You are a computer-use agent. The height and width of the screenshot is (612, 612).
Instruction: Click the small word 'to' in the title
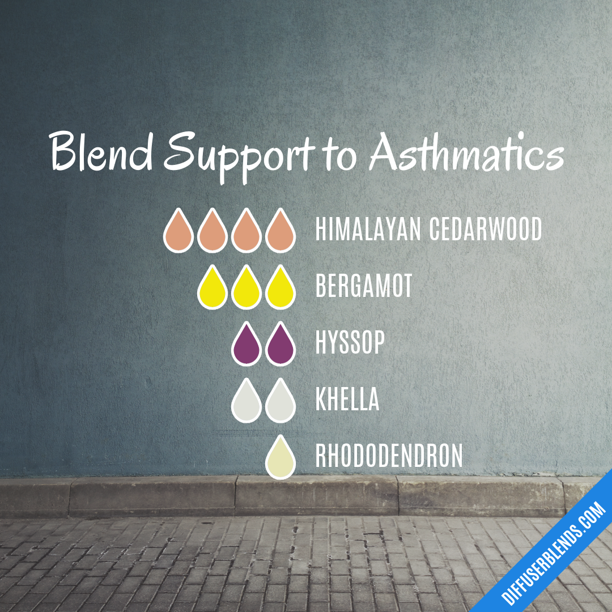(x=338, y=155)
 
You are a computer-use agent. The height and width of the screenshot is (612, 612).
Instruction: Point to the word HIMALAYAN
(x=368, y=229)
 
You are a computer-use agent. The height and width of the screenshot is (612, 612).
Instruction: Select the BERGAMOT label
(x=364, y=287)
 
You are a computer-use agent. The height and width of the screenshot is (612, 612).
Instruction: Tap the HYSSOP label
(x=350, y=343)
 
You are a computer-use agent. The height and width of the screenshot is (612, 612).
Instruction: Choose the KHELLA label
(x=347, y=400)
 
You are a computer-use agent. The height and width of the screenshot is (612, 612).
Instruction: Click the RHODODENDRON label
(x=389, y=457)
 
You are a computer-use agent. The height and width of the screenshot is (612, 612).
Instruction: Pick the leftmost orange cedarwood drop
(x=178, y=231)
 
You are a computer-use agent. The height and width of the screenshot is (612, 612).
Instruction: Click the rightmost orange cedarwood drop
(x=280, y=231)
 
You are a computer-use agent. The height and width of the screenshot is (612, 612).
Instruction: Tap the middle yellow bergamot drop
(x=246, y=288)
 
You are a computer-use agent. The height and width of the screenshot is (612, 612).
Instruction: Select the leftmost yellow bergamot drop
(x=212, y=288)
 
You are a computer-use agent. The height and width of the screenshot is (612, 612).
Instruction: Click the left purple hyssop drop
(x=246, y=345)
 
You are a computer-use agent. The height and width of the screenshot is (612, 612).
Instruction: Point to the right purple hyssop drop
(x=280, y=345)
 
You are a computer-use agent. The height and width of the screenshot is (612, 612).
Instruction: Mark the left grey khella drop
(x=246, y=401)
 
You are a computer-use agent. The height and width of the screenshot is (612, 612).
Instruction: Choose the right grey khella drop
(x=280, y=401)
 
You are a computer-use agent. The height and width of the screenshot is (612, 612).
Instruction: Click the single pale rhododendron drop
(x=280, y=458)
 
